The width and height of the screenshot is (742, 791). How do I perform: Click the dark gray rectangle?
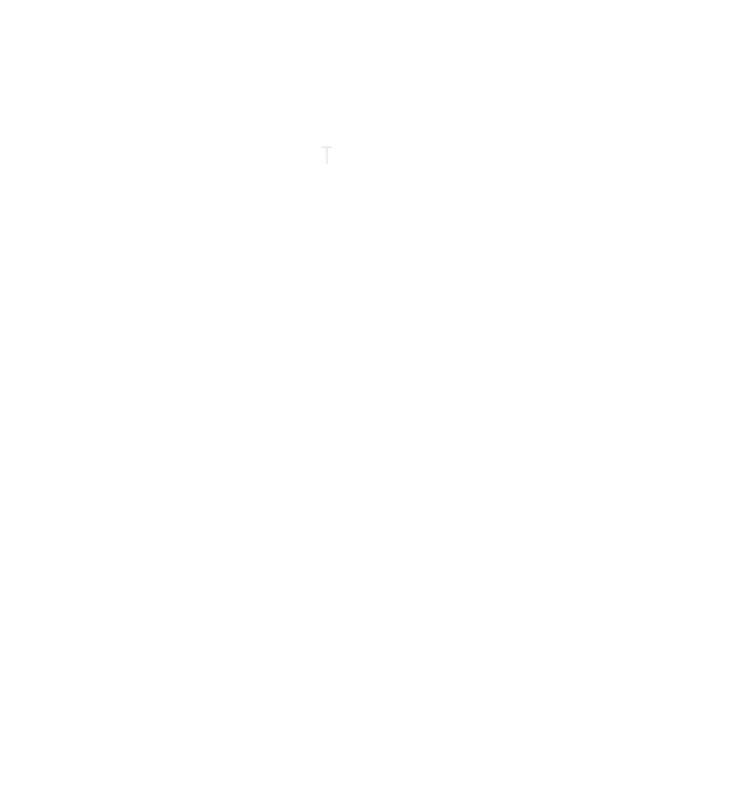(x=257, y=421)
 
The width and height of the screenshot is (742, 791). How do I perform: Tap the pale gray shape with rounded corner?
(x=334, y=161)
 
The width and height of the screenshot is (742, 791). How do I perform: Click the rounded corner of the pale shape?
(x=344, y=173)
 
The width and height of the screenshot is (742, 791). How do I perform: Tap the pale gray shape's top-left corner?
(x=322, y=146)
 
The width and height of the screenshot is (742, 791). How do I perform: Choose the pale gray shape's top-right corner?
(x=349, y=146)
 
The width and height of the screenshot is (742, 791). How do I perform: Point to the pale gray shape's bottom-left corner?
(x=322, y=178)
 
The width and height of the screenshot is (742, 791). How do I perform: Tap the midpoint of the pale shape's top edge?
(x=335, y=146)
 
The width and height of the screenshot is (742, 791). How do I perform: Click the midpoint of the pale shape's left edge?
(x=322, y=162)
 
